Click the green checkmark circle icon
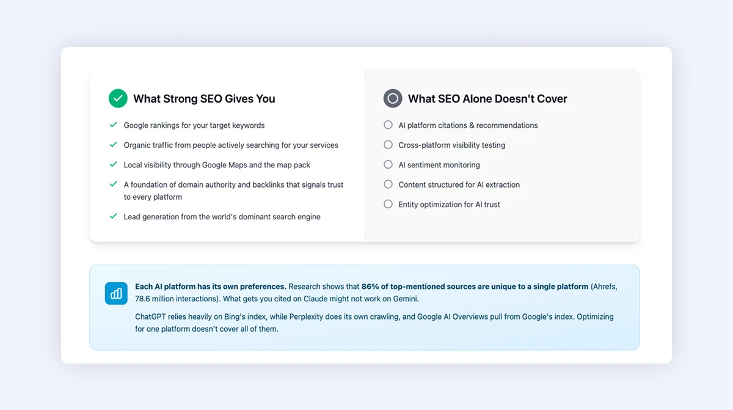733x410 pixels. (118, 98)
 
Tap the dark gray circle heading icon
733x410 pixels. (393, 98)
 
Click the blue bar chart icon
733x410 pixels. (116, 293)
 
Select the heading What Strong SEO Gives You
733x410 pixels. (204, 99)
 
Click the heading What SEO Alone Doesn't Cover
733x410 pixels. (487, 99)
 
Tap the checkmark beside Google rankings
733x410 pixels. (113, 125)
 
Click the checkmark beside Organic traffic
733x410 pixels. (113, 145)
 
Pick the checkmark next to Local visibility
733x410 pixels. (113, 164)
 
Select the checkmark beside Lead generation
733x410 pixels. (113, 216)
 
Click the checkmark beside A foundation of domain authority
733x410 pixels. (113, 184)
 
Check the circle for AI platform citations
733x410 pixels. (388, 125)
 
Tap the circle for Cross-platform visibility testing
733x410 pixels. (388, 145)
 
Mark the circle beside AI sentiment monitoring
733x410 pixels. (388, 164)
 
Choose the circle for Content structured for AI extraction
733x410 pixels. (388, 184)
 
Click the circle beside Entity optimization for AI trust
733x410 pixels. (388, 204)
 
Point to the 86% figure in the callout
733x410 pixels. (371, 287)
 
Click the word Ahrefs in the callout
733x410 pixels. (605, 287)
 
